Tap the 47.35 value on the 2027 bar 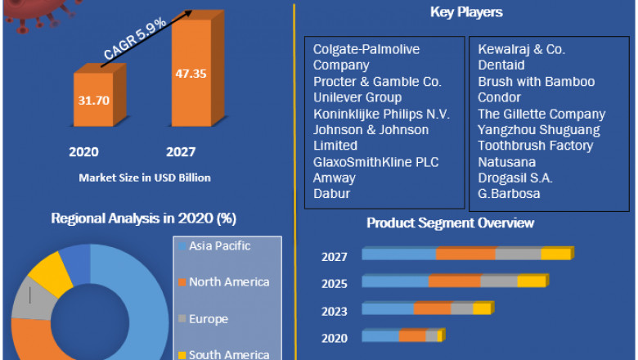pos(190,73)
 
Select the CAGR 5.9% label pos(135,38)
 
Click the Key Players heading pos(465,12)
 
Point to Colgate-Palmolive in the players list pos(366,49)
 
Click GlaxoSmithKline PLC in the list pos(375,162)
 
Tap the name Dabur pos(331,194)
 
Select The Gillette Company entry pos(541,114)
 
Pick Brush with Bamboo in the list pos(536,82)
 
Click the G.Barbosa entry pos(509,194)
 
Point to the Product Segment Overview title pos(450,223)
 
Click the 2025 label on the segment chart pos(335,284)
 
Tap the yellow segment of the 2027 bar pos(555,254)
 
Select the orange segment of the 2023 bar pos(432,308)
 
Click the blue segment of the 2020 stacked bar pos(380,336)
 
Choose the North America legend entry pos(228,282)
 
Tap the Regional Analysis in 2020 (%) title pos(143,218)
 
